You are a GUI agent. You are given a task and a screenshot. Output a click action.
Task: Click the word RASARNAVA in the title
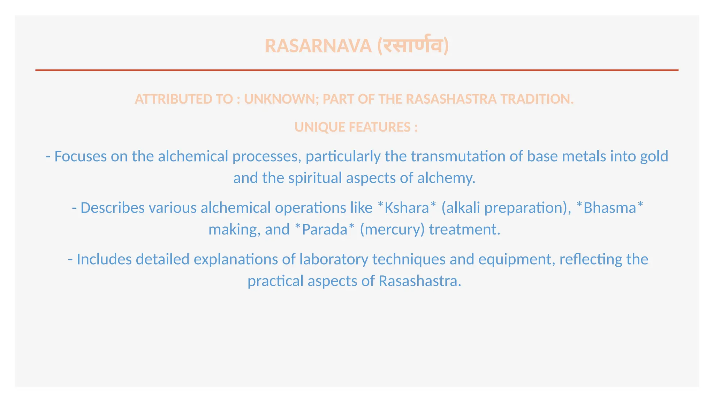click(318, 46)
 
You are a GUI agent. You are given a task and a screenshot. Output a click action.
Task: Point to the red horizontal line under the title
click(357, 70)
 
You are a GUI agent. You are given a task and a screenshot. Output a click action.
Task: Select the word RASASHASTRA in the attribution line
click(451, 99)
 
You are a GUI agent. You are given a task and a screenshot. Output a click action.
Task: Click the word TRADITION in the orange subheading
click(537, 99)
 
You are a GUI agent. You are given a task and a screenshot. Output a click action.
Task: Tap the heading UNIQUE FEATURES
click(356, 127)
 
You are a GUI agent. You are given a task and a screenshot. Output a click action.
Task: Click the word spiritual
click(315, 178)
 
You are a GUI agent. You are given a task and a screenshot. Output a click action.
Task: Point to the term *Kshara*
click(407, 208)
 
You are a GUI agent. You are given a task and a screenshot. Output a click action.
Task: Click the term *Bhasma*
click(609, 208)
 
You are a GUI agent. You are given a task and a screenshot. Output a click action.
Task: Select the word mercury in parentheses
click(392, 230)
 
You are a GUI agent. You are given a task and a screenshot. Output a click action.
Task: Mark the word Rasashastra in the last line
click(419, 281)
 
